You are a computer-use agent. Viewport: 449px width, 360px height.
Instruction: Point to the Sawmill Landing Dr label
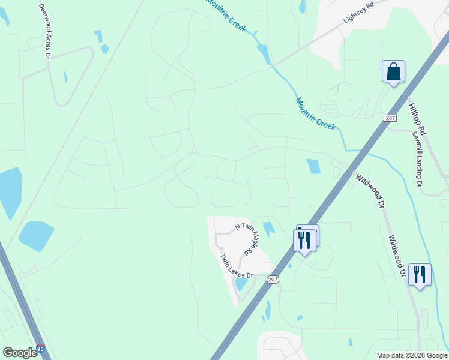[x=418, y=163]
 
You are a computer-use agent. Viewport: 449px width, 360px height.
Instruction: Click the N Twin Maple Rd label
[x=246, y=236]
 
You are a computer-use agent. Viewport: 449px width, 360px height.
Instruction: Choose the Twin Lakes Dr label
[x=237, y=268]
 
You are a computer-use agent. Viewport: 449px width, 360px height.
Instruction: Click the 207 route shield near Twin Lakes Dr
[x=273, y=280]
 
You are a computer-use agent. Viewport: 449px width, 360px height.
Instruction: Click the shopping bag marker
[x=393, y=71]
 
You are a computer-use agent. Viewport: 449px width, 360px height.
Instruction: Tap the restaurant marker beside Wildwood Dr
[x=420, y=274]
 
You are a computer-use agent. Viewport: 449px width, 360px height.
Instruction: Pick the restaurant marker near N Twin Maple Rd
[x=304, y=240]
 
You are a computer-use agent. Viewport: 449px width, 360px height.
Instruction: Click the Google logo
[x=20, y=352]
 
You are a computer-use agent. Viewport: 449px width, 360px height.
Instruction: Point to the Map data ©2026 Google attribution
[x=412, y=355]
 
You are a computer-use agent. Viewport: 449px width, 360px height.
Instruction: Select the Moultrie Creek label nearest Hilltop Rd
[x=315, y=112]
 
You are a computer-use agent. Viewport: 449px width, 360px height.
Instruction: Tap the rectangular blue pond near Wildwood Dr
[x=313, y=166]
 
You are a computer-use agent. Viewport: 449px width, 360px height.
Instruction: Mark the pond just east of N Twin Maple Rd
[x=268, y=229]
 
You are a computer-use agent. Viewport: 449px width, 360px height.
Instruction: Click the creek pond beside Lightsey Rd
[x=264, y=53]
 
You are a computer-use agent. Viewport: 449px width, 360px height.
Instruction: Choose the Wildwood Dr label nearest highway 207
[x=370, y=190]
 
